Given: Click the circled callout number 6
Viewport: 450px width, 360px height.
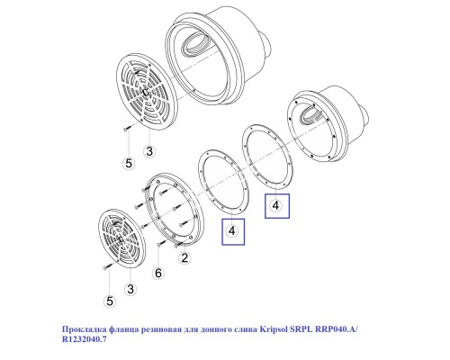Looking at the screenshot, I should click(x=158, y=273).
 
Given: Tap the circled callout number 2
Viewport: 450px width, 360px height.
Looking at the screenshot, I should click(x=184, y=259).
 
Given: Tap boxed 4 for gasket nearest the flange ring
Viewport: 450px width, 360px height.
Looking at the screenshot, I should click(x=233, y=231).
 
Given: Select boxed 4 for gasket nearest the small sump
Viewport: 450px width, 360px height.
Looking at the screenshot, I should click(x=276, y=205).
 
